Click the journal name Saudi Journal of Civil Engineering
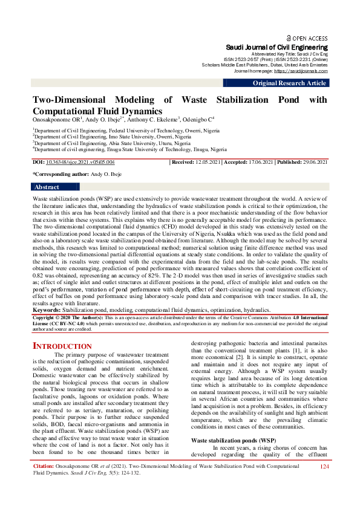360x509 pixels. coord(277,47)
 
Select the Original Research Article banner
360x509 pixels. coord(289,83)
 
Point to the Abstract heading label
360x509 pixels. coord(47,187)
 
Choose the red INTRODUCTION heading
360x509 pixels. coord(62,346)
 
